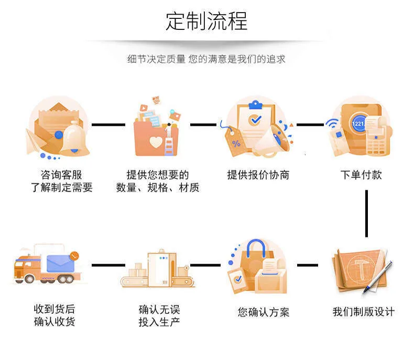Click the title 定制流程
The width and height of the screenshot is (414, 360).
(x=206, y=21)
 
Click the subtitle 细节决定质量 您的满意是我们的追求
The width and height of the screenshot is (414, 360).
(x=206, y=59)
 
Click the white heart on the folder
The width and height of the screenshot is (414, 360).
(x=156, y=142)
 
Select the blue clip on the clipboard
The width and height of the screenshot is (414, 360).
(x=255, y=105)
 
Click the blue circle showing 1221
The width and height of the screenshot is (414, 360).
(x=358, y=124)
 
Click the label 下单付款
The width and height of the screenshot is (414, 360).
(x=361, y=175)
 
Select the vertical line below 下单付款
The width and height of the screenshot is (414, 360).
(x=366, y=214)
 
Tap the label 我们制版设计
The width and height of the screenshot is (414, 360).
(x=364, y=312)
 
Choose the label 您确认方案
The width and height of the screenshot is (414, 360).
(x=264, y=312)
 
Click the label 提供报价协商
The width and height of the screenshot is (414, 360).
(x=258, y=175)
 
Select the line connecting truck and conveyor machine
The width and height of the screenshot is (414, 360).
(x=108, y=265)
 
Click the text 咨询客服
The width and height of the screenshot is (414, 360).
(x=61, y=175)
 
